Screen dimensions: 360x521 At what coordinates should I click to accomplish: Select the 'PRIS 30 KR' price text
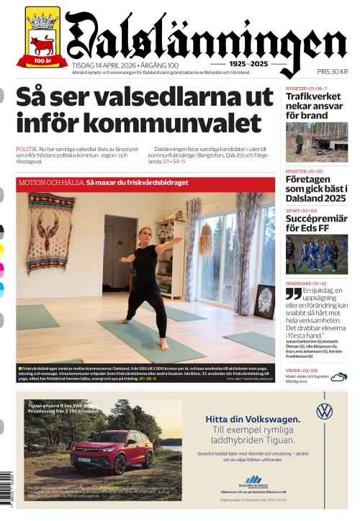(333, 72)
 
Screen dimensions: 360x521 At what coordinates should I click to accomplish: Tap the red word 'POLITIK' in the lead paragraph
(28, 148)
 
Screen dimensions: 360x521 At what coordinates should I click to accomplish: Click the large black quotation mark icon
(293, 294)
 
